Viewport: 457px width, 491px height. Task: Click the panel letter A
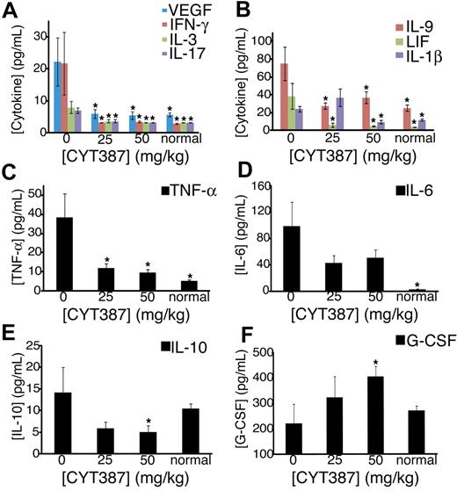11,11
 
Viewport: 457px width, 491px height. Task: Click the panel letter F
240,335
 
